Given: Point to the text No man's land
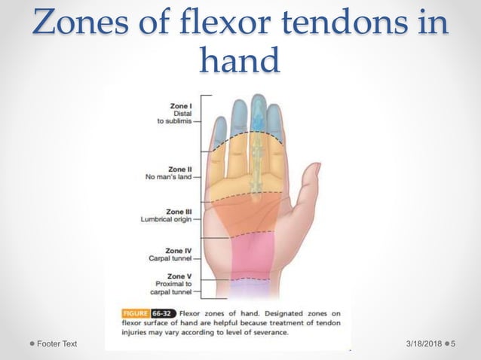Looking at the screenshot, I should [167, 178].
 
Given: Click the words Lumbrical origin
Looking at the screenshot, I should [165, 220].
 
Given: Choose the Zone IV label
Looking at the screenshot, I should [178, 249].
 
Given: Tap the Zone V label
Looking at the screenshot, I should [179, 276].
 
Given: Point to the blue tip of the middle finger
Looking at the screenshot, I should [258, 113].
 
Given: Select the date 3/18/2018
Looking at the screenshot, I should [421, 343].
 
